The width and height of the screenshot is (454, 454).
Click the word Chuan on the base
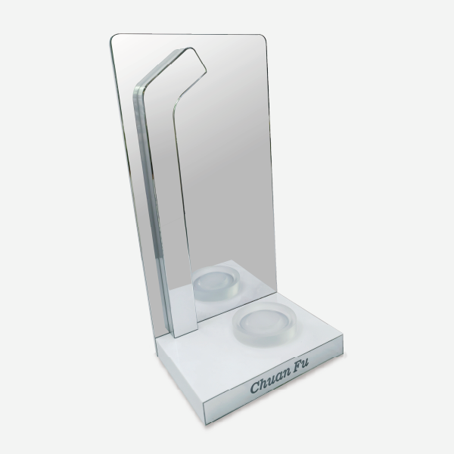point(270,380)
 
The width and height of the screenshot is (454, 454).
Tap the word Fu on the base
point(300,364)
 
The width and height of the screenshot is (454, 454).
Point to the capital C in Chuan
point(256,387)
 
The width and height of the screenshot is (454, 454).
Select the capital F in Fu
point(297,365)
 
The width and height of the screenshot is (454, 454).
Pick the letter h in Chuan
point(264,382)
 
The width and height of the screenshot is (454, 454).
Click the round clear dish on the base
point(265,324)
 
